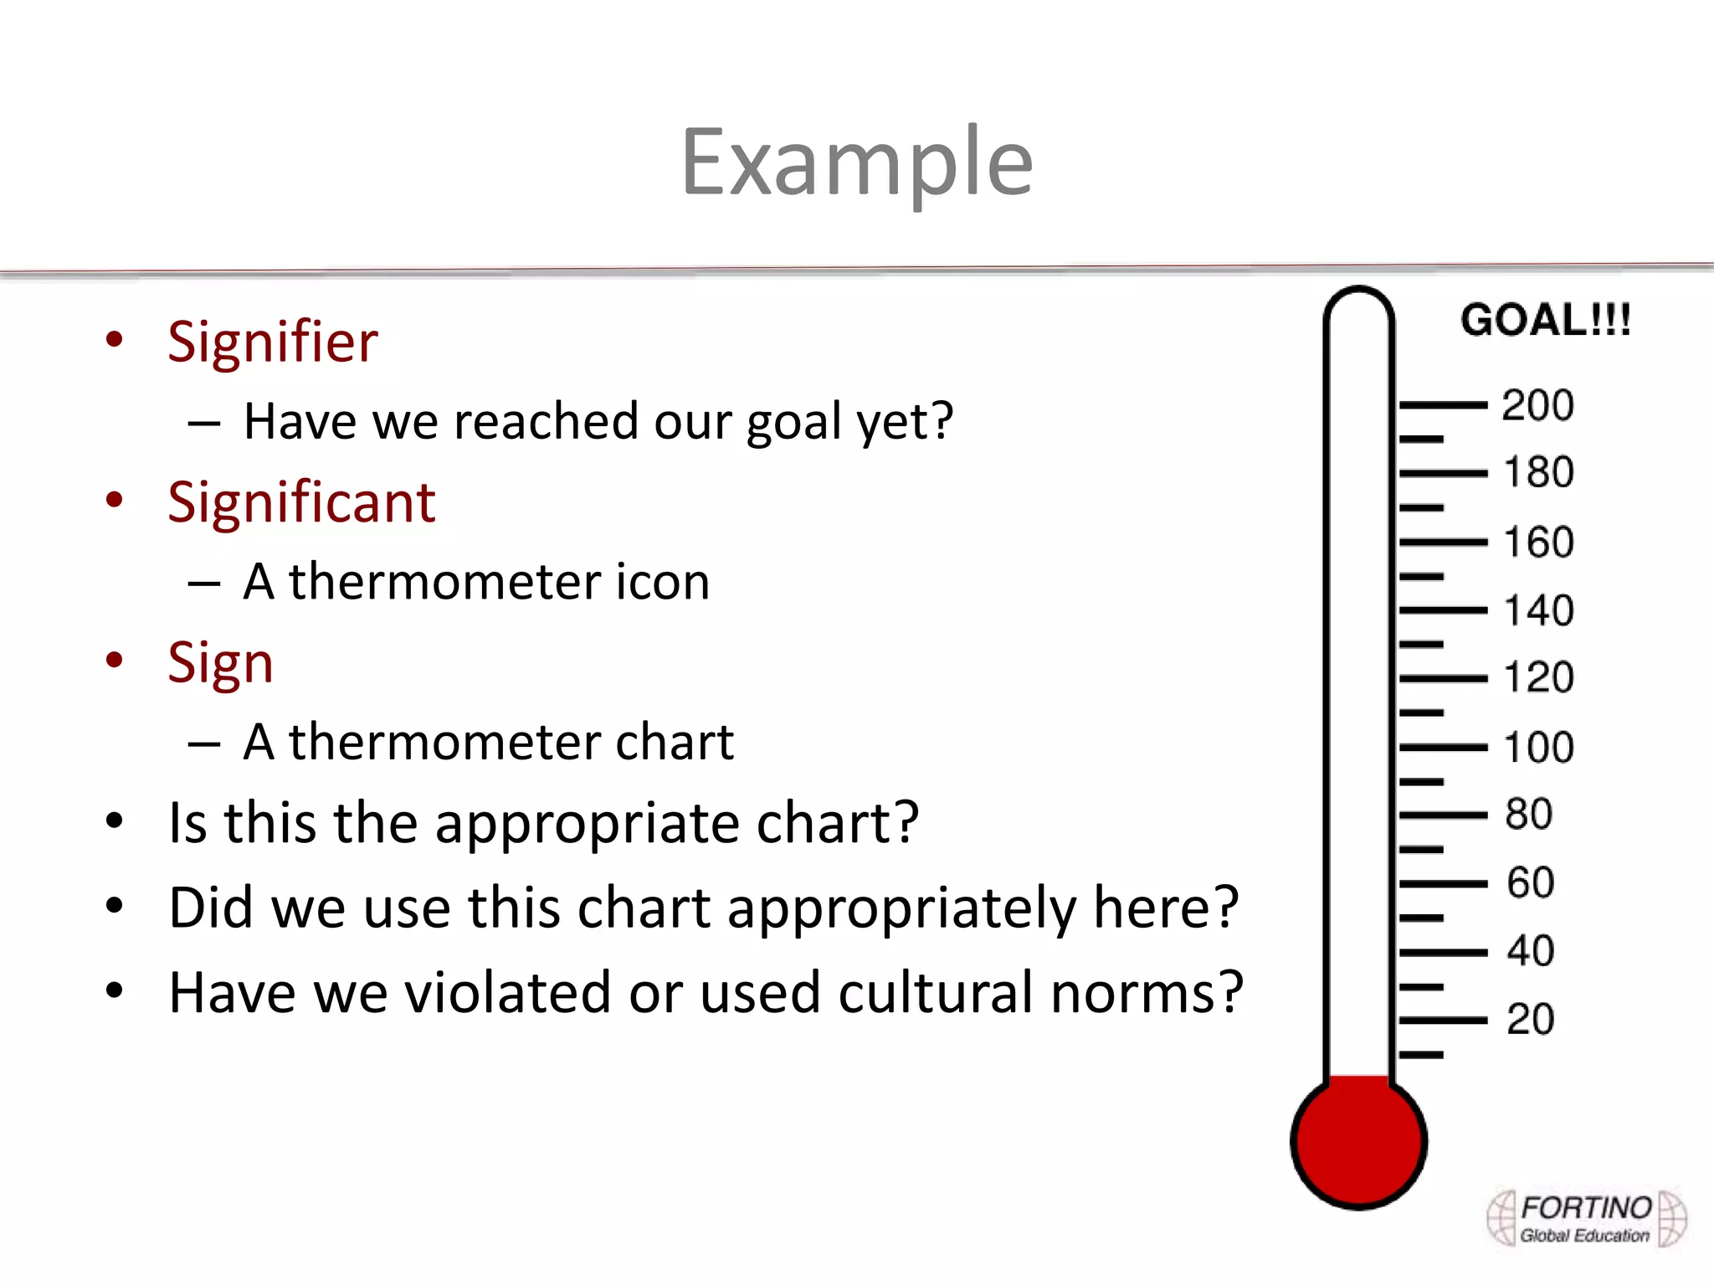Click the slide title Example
[857, 162]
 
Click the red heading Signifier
[273, 343]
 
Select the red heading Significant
[301, 503]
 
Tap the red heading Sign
[220, 664]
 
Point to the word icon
[662, 582]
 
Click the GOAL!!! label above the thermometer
[1546, 321]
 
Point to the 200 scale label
[1537, 405]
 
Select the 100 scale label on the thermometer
[1538, 748]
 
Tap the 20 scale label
[1530, 1020]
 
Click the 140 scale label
[1538, 610]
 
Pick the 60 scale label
[1530, 883]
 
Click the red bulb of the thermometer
[1358, 1141]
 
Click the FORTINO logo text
[1586, 1209]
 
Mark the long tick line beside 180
[1443, 474]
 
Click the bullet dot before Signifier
[115, 340]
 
